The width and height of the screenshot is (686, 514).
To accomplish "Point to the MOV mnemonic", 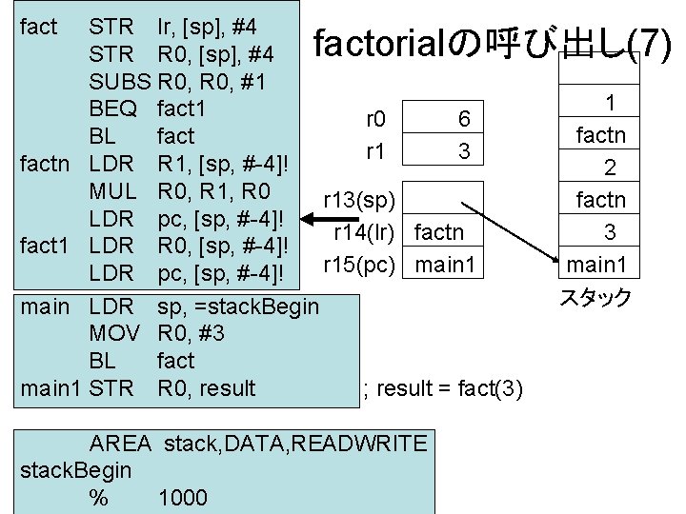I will coord(114,333).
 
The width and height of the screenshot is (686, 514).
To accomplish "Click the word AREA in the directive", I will coord(119,443).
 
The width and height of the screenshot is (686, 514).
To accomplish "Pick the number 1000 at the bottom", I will coord(182,498).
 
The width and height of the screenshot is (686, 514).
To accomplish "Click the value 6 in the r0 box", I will coord(464,119).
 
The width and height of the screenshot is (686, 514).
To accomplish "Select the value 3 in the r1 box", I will coord(464,150).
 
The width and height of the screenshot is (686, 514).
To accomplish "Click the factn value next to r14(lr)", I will coord(441,231).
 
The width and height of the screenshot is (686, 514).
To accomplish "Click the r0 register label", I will coord(375,119).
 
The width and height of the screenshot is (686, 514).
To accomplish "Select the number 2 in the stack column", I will coord(610,168).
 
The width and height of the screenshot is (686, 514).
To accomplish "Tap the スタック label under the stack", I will coord(595,297).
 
